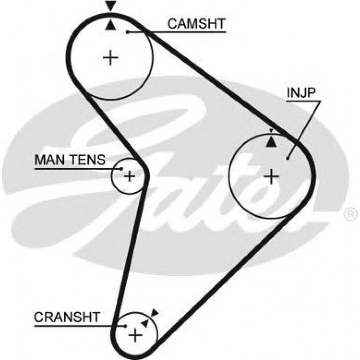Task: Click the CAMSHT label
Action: point(196,24)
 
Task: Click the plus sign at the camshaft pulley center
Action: point(110,58)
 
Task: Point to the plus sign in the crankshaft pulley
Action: point(135,335)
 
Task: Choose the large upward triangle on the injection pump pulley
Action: point(271,142)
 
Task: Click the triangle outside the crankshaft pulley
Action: point(155,313)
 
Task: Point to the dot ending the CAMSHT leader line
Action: point(127,32)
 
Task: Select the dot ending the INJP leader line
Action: point(288,158)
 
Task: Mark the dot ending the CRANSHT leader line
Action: point(126,326)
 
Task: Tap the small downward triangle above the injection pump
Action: point(271,131)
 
